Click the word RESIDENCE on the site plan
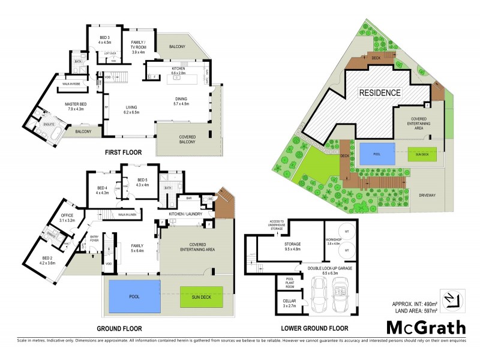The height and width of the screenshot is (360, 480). pyautogui.click(x=380, y=93)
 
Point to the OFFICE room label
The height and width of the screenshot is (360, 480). pyautogui.click(x=67, y=218)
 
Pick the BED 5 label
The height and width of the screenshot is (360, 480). pyautogui.click(x=143, y=182)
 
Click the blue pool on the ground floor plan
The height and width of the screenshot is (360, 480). pyautogui.click(x=133, y=296)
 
